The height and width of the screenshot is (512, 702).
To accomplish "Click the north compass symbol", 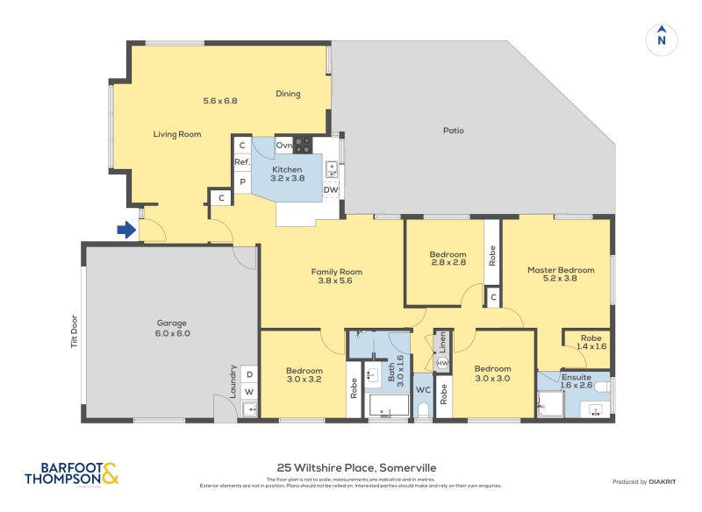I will point(662,39).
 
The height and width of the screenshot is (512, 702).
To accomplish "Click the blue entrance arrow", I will point(126,231).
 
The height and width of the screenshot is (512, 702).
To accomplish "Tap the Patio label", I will point(453,131).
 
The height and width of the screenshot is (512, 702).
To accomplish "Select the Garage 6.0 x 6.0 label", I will point(172,328).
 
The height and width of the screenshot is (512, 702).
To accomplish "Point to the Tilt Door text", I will point(74,331).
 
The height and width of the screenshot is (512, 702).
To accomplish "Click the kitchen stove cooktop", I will point(303,144).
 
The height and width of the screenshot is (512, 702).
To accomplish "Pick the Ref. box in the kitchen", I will point(242,162).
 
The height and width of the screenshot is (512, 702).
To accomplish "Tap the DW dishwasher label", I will point(331,189).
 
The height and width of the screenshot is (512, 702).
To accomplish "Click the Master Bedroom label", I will point(560,274).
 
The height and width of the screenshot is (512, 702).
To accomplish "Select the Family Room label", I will point(337,277).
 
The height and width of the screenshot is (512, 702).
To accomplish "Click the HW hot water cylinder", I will point(443,363).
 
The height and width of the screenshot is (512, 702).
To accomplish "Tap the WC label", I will point(422,388).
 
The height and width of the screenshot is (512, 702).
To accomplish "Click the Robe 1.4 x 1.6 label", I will point(591,342).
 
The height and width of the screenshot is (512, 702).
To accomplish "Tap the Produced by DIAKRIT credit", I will point(648,481).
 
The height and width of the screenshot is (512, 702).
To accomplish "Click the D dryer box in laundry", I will point(248,374).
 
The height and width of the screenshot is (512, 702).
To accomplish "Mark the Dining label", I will point(288,94).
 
